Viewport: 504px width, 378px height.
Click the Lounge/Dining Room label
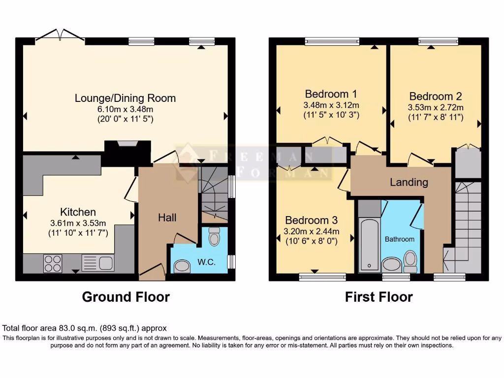125,98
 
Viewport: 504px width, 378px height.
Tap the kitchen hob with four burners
53,263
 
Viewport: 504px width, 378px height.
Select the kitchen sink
98,263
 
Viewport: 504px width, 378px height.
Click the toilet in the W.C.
214,237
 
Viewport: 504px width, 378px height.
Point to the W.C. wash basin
183,266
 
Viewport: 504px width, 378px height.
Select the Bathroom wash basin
392,264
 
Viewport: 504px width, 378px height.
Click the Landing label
409,182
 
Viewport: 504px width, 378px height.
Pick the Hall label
167,217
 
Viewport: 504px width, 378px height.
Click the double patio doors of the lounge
60,35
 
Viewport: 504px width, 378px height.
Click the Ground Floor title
126,297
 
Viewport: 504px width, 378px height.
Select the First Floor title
378,297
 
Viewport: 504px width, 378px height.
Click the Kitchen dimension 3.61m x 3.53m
78,222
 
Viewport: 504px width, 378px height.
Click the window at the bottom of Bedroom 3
315,277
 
